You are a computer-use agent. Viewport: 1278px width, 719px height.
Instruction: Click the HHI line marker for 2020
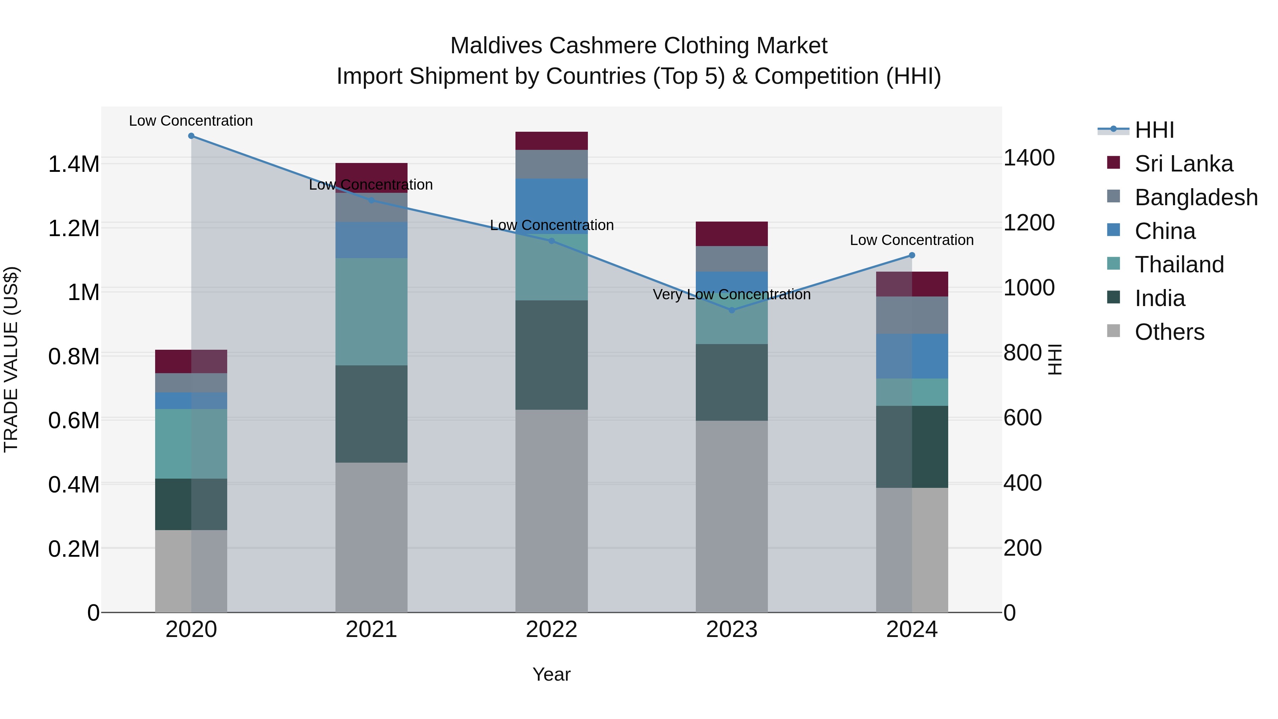click(x=191, y=136)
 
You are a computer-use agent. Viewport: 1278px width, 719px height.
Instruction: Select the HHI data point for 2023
click(x=731, y=310)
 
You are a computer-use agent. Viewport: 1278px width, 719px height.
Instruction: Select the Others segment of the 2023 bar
click(x=731, y=516)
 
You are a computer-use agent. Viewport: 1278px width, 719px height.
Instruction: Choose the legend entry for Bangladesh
click(x=1196, y=197)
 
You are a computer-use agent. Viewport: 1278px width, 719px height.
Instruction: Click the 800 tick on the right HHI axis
click(x=1022, y=353)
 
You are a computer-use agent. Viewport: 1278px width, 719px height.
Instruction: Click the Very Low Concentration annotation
click(x=731, y=295)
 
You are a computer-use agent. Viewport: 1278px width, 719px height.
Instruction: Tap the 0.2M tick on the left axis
click(x=73, y=549)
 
